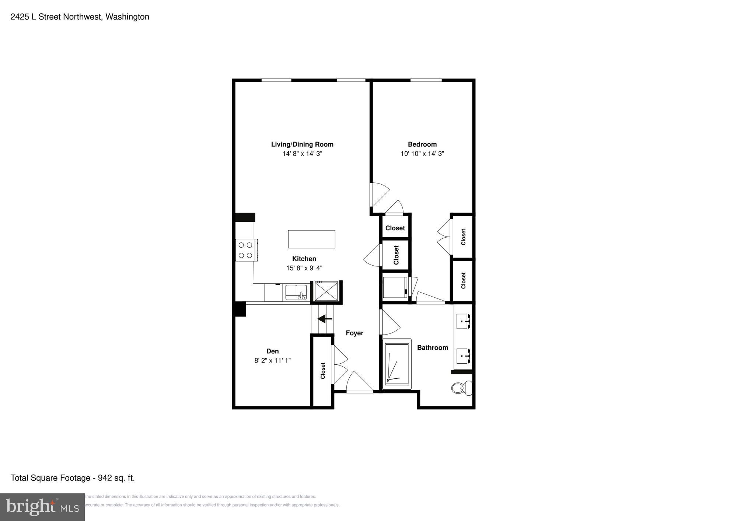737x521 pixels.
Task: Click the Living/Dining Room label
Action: [302, 144]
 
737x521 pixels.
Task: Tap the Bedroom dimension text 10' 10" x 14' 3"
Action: [422, 154]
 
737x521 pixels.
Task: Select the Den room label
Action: [272, 351]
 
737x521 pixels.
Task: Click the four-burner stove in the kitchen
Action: [246, 250]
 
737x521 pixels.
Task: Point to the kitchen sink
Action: [296, 292]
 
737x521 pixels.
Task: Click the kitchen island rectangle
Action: [311, 239]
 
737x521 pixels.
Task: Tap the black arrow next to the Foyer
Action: [325, 319]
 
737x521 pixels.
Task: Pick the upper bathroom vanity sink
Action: [463, 321]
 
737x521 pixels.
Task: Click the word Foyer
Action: [354, 333]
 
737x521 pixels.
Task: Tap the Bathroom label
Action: [432, 347]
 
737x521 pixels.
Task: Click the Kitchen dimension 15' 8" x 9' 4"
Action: [304, 268]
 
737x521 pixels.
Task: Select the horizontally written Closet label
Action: [395, 228]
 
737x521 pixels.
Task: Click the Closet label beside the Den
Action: [323, 371]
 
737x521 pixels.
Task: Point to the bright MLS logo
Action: [42, 507]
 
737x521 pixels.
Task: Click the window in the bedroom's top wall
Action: [426, 80]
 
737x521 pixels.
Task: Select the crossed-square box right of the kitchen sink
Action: [326, 291]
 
